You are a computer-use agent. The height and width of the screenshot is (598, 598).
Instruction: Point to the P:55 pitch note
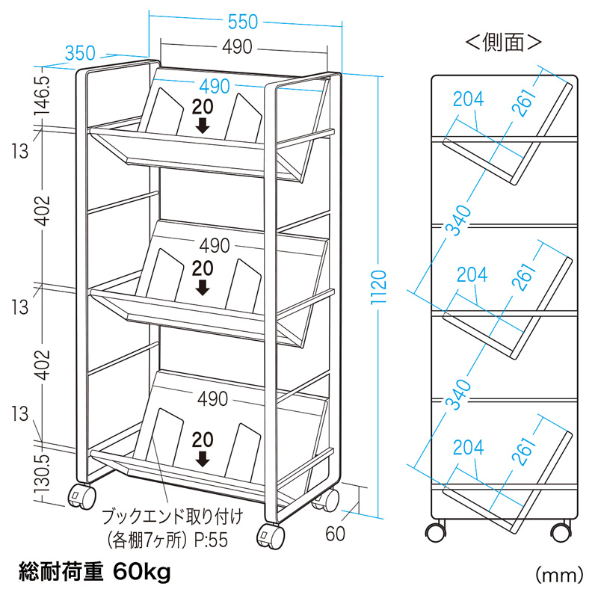pyautogui.click(x=206, y=538)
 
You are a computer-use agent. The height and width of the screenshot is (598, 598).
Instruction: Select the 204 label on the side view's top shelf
pyautogui.click(x=469, y=97)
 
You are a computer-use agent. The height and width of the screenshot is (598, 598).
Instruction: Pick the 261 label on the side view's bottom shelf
pyautogui.click(x=524, y=450)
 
